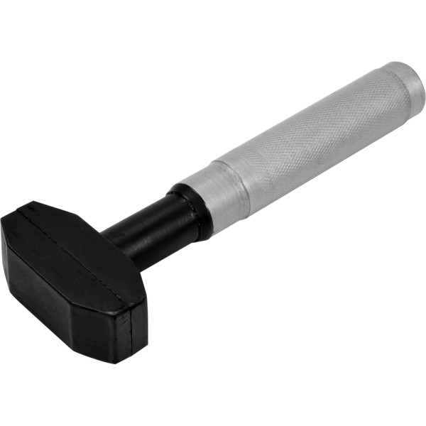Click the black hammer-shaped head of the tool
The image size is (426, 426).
point(71,277)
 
